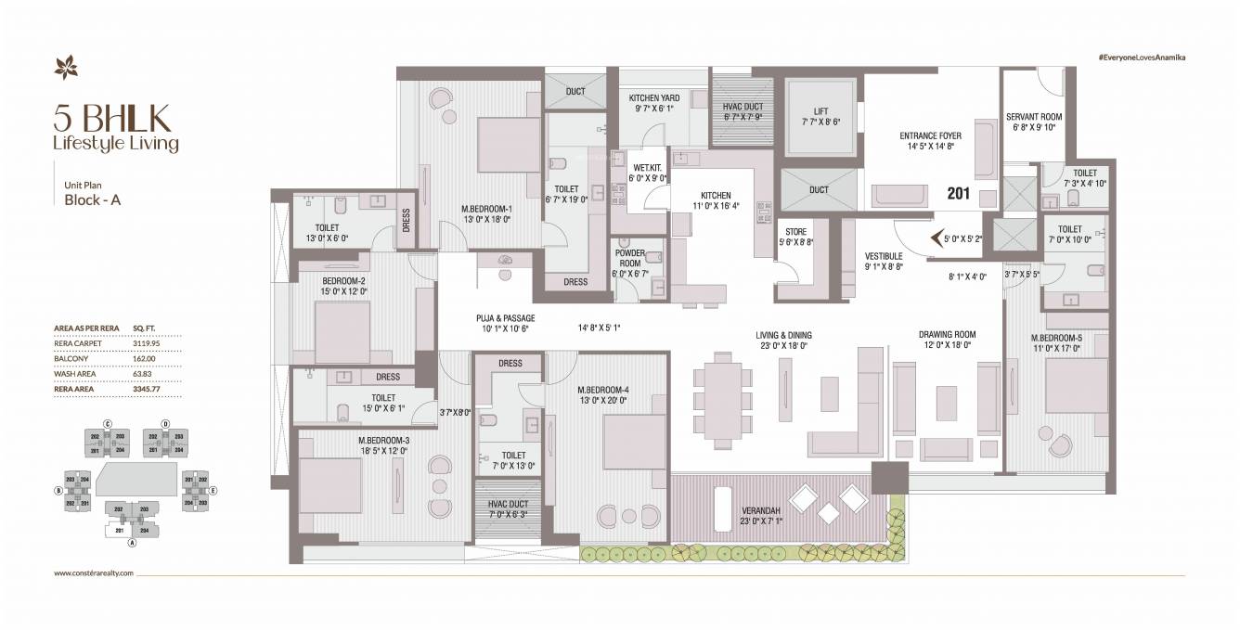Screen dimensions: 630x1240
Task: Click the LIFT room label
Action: click(820, 110)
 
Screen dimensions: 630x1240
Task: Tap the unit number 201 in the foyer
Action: click(958, 195)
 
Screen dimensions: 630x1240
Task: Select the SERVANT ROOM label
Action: click(1033, 116)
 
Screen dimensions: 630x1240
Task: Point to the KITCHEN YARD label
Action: click(654, 97)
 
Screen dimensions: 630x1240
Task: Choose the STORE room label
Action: click(795, 231)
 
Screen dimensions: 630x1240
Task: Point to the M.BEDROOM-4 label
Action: click(602, 389)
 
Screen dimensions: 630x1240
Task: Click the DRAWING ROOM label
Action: click(947, 334)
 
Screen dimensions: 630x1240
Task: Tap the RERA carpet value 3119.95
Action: click(147, 342)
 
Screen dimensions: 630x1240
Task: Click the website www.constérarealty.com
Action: click(95, 573)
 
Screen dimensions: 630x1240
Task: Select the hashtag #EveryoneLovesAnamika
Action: click(1142, 58)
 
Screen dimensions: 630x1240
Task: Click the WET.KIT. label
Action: click(647, 168)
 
